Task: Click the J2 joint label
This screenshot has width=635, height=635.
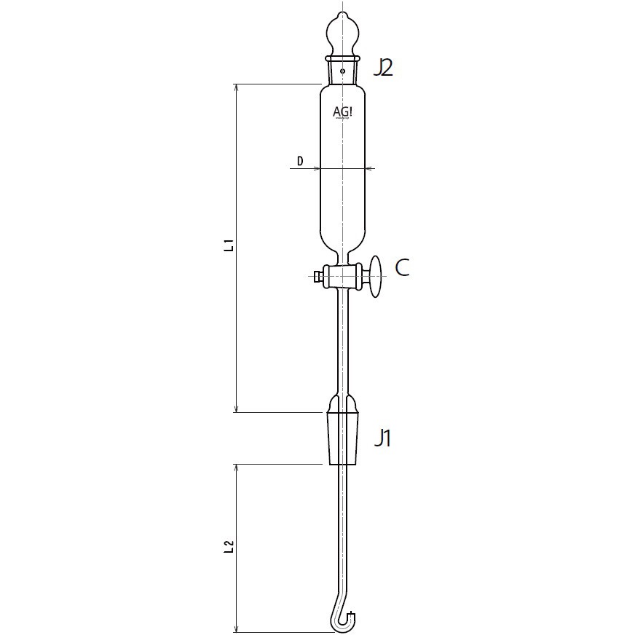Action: (383, 68)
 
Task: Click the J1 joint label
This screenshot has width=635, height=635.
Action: (383, 438)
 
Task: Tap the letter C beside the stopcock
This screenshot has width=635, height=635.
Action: (402, 268)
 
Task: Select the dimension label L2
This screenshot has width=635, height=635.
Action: (229, 548)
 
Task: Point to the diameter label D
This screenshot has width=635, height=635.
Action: (299, 161)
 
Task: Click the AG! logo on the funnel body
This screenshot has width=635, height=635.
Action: (343, 112)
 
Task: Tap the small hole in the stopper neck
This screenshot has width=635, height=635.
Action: (342, 71)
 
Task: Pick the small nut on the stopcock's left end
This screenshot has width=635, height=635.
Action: (317, 276)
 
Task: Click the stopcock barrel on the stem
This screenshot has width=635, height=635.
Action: (342, 276)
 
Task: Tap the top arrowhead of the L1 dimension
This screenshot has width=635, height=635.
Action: (236, 87)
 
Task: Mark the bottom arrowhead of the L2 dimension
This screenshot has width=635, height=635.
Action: (236, 629)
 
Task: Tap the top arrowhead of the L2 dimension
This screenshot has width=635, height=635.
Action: (236, 466)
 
